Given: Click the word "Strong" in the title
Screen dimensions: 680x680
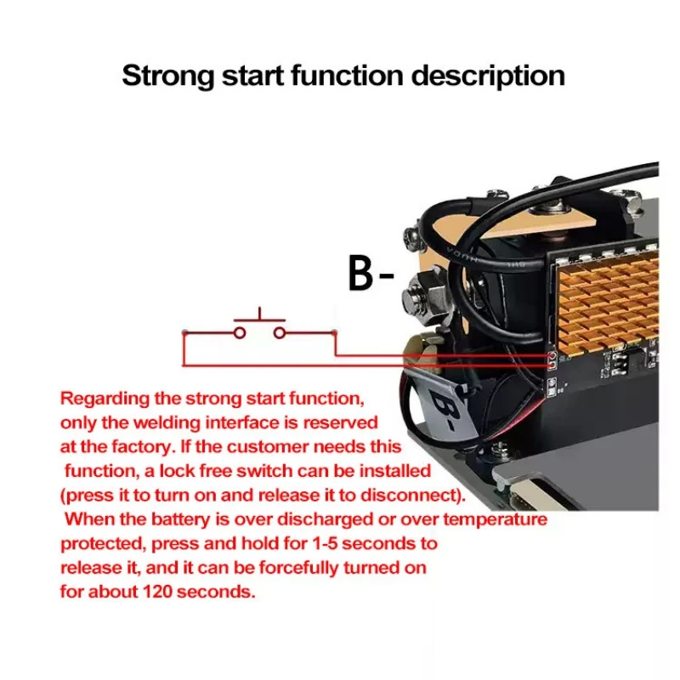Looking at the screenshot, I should coord(168,75).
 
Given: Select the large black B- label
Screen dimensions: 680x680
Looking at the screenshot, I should coord(371,273).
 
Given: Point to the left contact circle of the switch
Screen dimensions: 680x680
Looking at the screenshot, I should coord(240,332).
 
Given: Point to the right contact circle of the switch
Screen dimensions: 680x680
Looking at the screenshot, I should coord(278,332).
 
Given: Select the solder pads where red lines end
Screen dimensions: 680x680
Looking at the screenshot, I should coord(552,359).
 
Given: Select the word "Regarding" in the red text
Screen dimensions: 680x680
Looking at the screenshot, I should coord(100,398).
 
